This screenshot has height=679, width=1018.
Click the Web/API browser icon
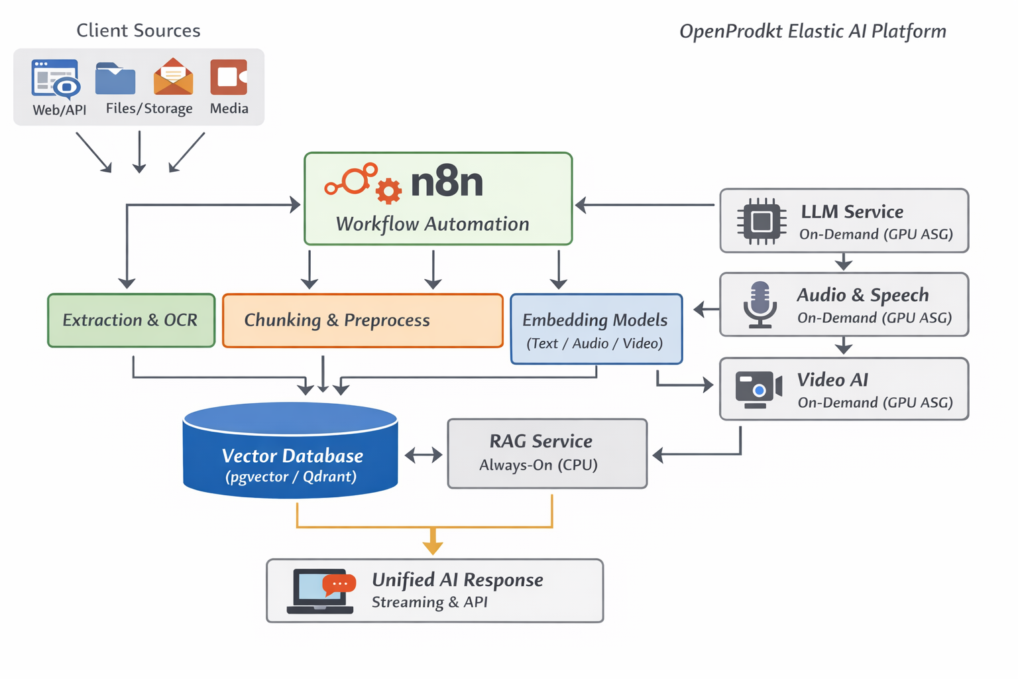56,80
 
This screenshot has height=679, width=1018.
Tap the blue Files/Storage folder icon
115,79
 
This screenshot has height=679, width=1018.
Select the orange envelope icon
173,78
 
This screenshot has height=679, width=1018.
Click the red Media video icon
229,77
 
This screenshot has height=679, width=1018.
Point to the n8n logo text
447,182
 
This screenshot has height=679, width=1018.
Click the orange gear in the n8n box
388,191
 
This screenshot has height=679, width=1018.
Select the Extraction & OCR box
131,320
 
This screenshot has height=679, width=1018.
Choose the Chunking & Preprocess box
363,320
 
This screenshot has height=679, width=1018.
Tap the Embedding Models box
596,329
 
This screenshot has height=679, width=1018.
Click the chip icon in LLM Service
761,221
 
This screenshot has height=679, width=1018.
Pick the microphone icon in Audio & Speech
760,305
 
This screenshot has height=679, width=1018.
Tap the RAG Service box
547,453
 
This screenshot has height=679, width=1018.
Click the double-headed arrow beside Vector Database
424,455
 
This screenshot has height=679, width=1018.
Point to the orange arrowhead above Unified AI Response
433,546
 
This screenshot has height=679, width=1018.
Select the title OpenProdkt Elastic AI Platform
813,31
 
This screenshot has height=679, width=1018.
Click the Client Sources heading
138,31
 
